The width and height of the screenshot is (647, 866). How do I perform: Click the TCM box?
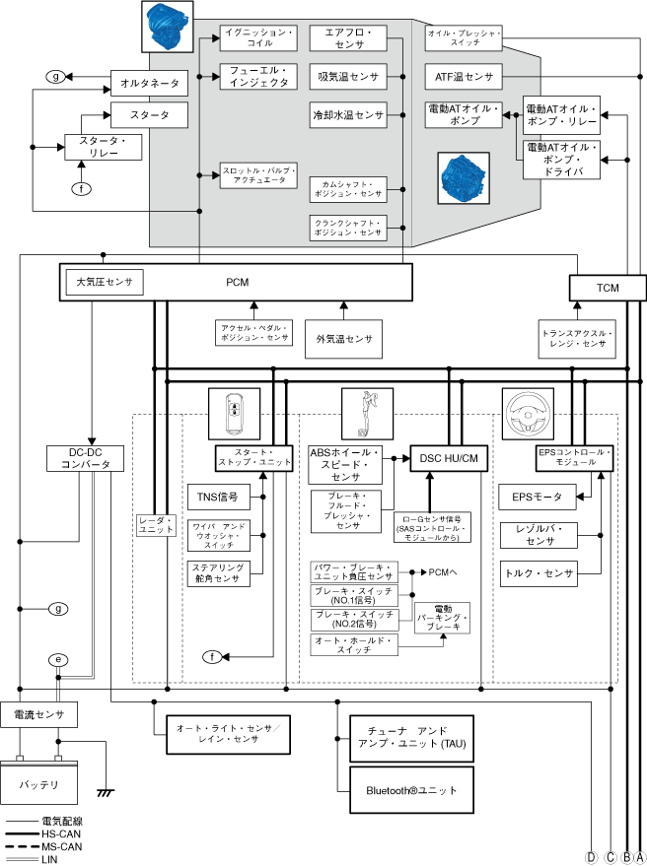point(608,288)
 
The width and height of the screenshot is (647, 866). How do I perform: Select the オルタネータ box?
point(148,84)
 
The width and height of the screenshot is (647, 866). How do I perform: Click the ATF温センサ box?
point(463,76)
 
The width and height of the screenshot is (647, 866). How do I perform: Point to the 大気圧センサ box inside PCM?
point(104,283)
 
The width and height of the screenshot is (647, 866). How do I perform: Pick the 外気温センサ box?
point(344,338)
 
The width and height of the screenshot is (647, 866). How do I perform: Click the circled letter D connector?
point(592,857)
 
